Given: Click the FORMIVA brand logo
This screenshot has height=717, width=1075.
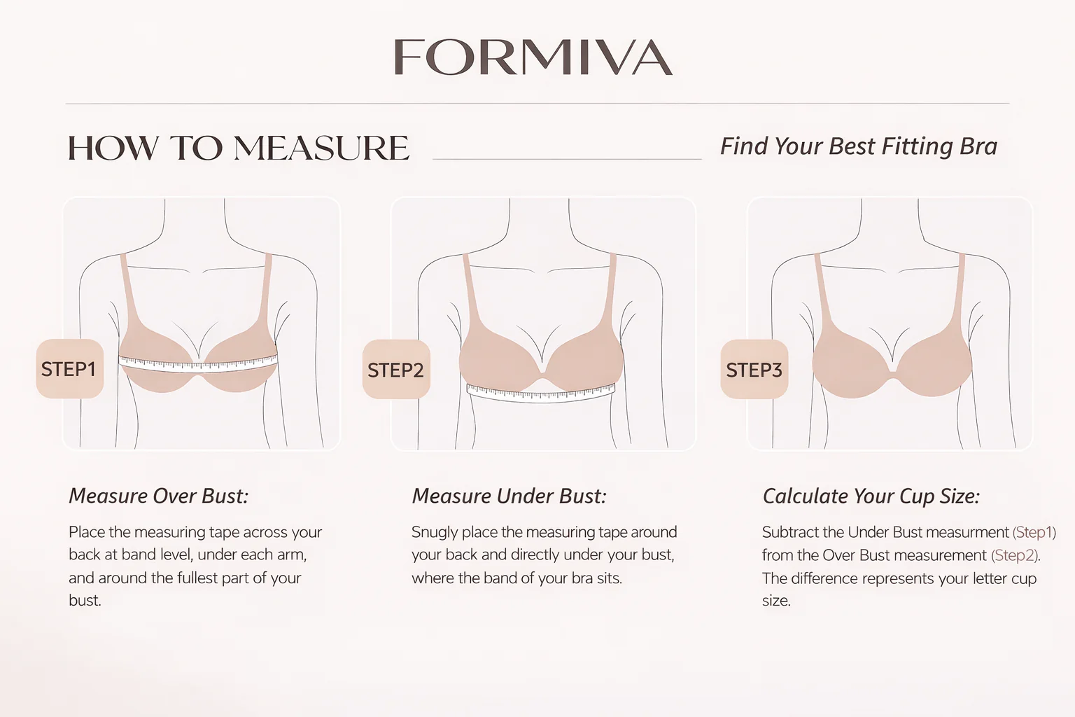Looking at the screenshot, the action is tap(533, 57).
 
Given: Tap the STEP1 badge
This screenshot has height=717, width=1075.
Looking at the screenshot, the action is tap(70, 369).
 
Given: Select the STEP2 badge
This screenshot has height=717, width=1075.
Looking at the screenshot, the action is tap(396, 369).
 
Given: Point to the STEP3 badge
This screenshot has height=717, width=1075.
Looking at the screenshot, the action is tap(754, 369).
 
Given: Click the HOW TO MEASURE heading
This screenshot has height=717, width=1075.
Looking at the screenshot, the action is tap(239, 148).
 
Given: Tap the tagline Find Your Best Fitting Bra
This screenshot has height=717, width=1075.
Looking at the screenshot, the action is tap(859, 146).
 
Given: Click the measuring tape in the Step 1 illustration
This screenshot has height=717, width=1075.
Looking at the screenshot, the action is tap(198, 363).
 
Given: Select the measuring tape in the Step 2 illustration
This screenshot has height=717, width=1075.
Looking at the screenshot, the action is tap(541, 393).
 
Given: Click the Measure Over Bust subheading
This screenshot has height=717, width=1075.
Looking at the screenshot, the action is tap(159, 496).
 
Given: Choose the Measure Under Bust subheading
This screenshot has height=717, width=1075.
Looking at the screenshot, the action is tap(510, 496).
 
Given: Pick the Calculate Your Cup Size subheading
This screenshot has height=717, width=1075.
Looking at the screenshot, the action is tap(871, 496).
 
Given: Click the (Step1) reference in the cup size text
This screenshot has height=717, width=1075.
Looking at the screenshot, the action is tap(1034, 532).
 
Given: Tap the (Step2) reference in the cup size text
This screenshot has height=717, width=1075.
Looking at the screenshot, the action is tap(1015, 556).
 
